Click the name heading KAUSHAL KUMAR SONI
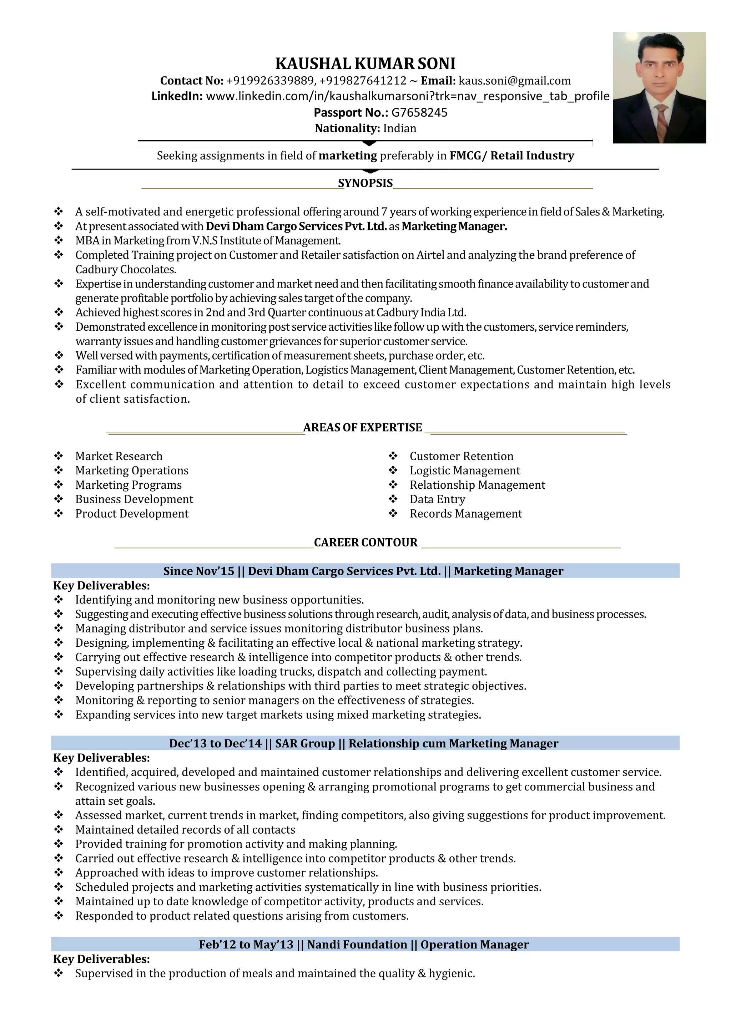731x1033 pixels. [x=365, y=63]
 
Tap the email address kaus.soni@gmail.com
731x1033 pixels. [x=514, y=81]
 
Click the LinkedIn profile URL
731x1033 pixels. [x=407, y=96]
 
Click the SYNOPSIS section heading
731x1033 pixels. [x=365, y=183]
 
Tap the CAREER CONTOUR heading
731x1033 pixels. [x=365, y=543]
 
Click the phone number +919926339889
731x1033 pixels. [x=270, y=81]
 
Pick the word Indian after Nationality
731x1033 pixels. [x=400, y=129]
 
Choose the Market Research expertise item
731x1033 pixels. [x=119, y=456]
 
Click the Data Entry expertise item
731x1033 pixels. [x=437, y=499]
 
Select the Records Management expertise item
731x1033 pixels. [x=466, y=514]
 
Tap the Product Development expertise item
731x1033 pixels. [x=132, y=514]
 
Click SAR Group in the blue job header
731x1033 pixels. [x=305, y=744]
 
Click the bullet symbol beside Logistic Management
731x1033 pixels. [x=393, y=470]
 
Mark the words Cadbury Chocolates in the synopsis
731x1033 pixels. [x=126, y=270]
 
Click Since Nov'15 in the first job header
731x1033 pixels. [x=198, y=571]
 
